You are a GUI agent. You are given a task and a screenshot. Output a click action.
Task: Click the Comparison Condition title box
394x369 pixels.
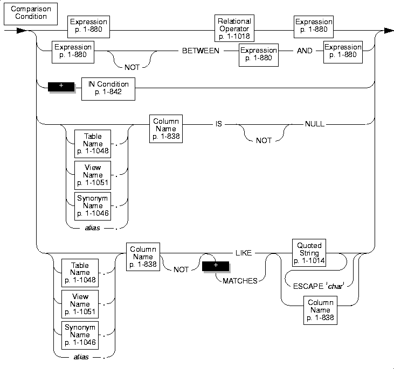coord(24,13)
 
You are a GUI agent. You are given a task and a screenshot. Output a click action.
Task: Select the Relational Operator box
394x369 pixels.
coord(234,28)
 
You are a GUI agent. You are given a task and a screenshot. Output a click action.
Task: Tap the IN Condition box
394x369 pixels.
coord(108,89)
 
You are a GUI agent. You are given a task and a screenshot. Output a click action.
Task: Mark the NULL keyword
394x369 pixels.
coord(314,124)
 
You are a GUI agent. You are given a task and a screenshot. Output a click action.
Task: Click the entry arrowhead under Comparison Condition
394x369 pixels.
coord(22,31)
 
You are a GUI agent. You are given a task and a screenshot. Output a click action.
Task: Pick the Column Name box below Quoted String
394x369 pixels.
coord(320,310)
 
